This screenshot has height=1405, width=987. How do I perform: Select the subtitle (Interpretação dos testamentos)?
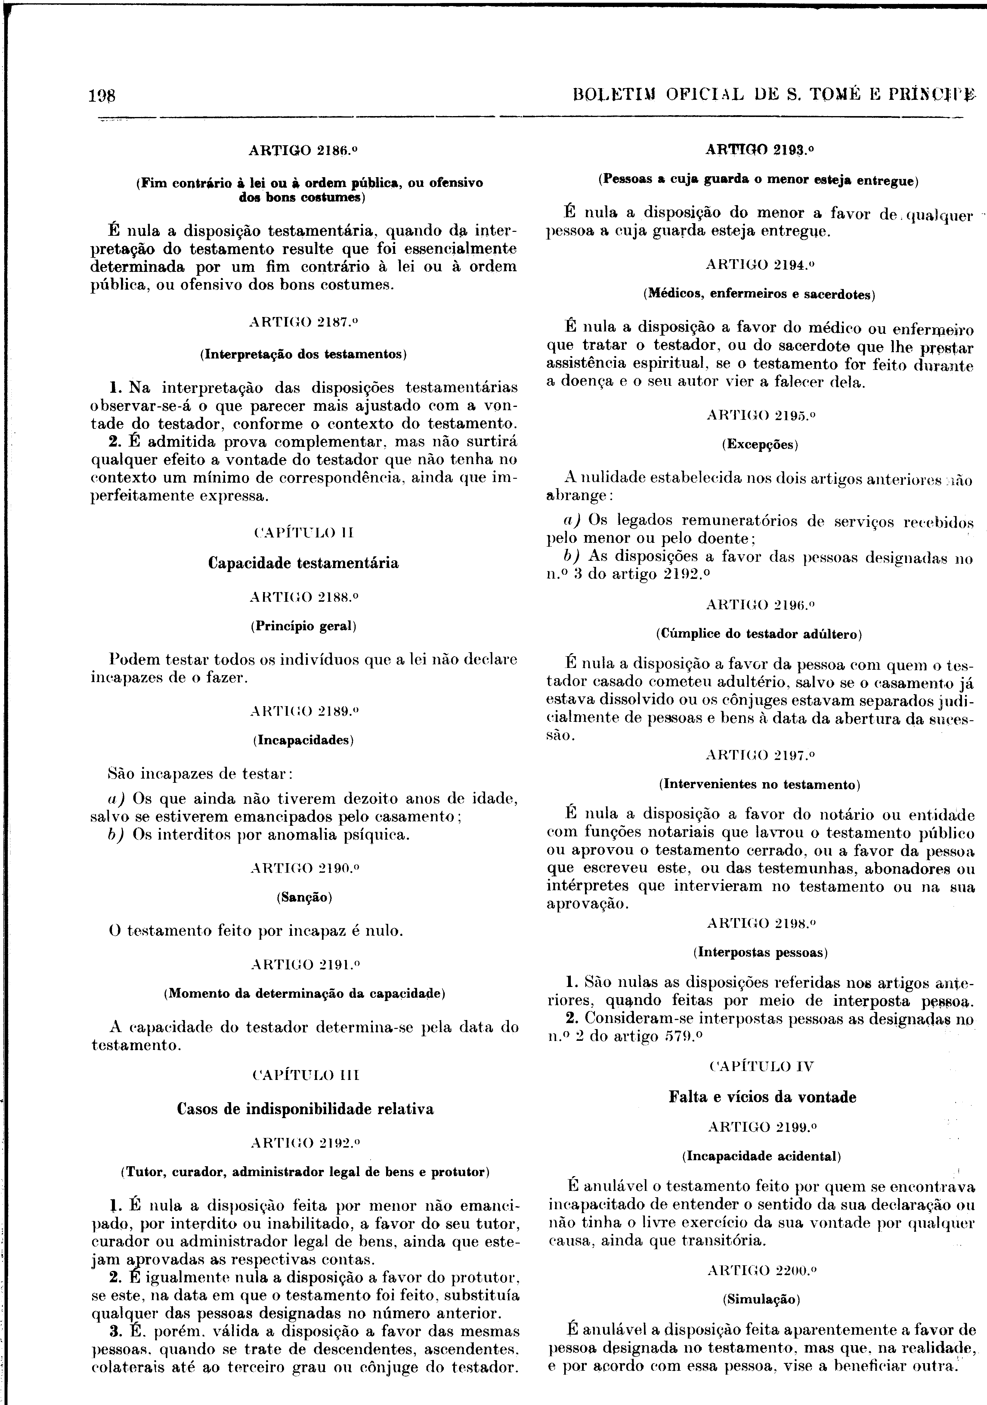pos(304,354)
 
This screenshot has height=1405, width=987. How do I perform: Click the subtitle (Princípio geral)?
pos(304,626)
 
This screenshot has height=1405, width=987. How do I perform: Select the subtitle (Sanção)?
pos(304,897)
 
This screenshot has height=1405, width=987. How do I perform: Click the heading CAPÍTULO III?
pos(304,1075)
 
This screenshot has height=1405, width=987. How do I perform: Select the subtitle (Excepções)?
pos(760,444)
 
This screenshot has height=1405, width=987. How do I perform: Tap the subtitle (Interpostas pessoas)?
pos(760,953)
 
